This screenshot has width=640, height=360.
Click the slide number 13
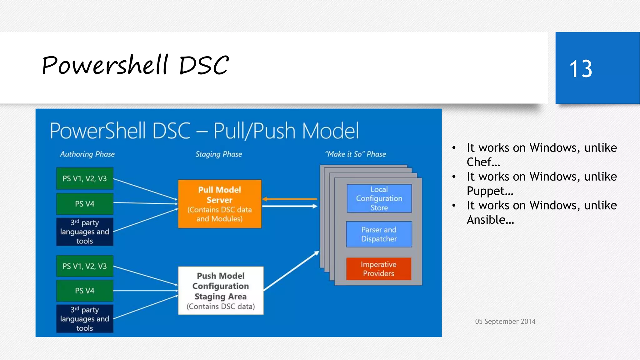click(581, 69)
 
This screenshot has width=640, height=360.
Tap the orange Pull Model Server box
click(220, 204)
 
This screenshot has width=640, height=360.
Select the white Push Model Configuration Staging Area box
click(221, 291)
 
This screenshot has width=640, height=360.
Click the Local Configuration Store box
click(379, 198)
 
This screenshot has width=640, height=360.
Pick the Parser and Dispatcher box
click(379, 234)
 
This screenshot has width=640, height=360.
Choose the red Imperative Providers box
click(378, 269)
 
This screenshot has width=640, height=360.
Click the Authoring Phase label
click(87, 154)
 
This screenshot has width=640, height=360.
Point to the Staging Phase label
click(219, 154)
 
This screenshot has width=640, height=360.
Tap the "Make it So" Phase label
click(356, 154)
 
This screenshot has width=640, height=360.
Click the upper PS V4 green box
click(85, 204)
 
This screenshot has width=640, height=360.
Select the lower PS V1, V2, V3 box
click(85, 266)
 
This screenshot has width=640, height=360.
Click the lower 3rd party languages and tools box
click(85, 319)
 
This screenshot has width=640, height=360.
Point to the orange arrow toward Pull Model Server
click(289, 199)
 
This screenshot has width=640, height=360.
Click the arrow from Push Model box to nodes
click(291, 271)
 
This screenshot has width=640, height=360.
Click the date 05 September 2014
click(505, 321)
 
